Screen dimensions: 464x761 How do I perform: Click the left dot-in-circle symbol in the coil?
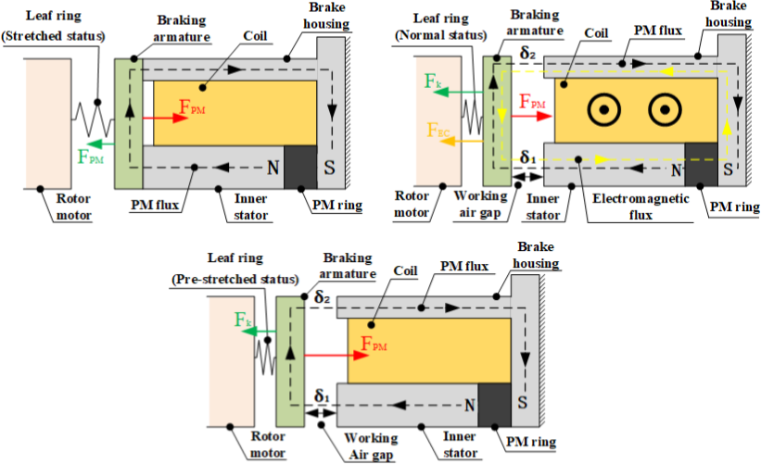pyautogui.click(x=603, y=110)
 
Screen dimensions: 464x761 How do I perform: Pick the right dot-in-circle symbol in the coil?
pyautogui.click(x=665, y=110)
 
